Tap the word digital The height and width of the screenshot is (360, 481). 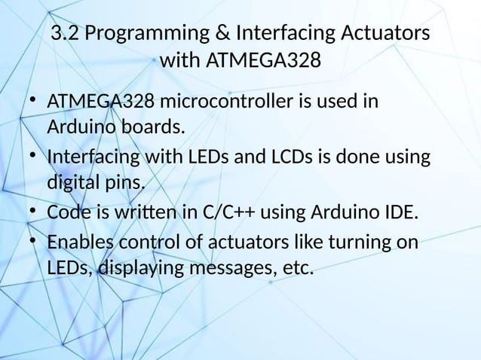(75, 183)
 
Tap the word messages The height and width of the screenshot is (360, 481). (240, 267)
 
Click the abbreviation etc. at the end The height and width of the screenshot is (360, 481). (297, 267)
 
